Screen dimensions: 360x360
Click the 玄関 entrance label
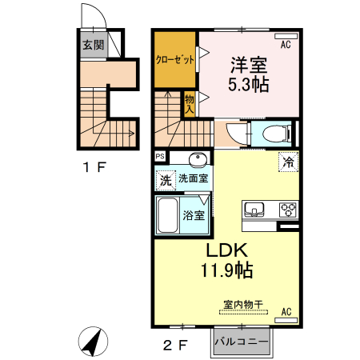tap(93, 45)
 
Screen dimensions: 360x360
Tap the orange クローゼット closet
tap(175, 59)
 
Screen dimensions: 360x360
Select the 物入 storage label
tap(190, 104)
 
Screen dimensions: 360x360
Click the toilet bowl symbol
tap(275, 133)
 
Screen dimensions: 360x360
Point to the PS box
tap(160, 156)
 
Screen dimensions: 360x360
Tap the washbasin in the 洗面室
tap(198, 159)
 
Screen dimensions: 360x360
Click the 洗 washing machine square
tap(166, 180)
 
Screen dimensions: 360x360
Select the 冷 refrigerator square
tap(288, 162)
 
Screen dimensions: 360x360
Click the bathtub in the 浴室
tap(168, 215)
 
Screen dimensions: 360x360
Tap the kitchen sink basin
tap(254, 209)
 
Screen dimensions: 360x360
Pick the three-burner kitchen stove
tap(288, 210)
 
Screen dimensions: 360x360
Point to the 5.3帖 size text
tap(248, 84)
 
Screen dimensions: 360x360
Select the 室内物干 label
tap(243, 304)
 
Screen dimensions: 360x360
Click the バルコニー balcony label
tap(242, 342)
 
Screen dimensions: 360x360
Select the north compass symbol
tap(93, 342)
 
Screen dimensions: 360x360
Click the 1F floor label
tap(94, 167)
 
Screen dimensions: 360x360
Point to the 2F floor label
tap(175, 346)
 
